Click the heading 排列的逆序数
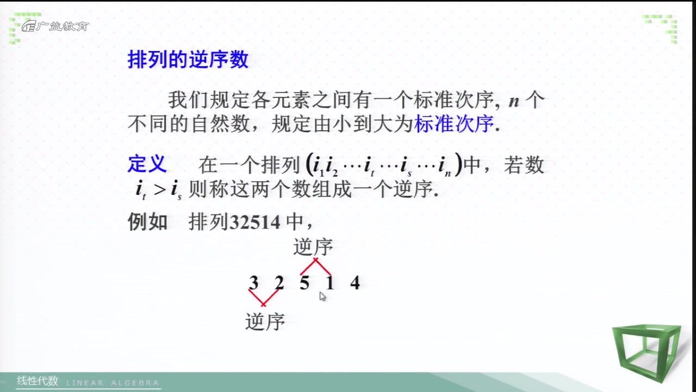188,60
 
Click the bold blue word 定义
147,164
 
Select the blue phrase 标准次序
454,124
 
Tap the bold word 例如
147,222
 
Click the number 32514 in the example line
254,223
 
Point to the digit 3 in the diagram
253,283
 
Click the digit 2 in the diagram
279,283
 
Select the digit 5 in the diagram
304,283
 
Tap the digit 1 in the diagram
330,283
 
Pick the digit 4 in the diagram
355,283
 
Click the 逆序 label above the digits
313,247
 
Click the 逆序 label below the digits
265,322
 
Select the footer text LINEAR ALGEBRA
113,383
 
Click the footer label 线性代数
37,381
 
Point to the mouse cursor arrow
322,296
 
